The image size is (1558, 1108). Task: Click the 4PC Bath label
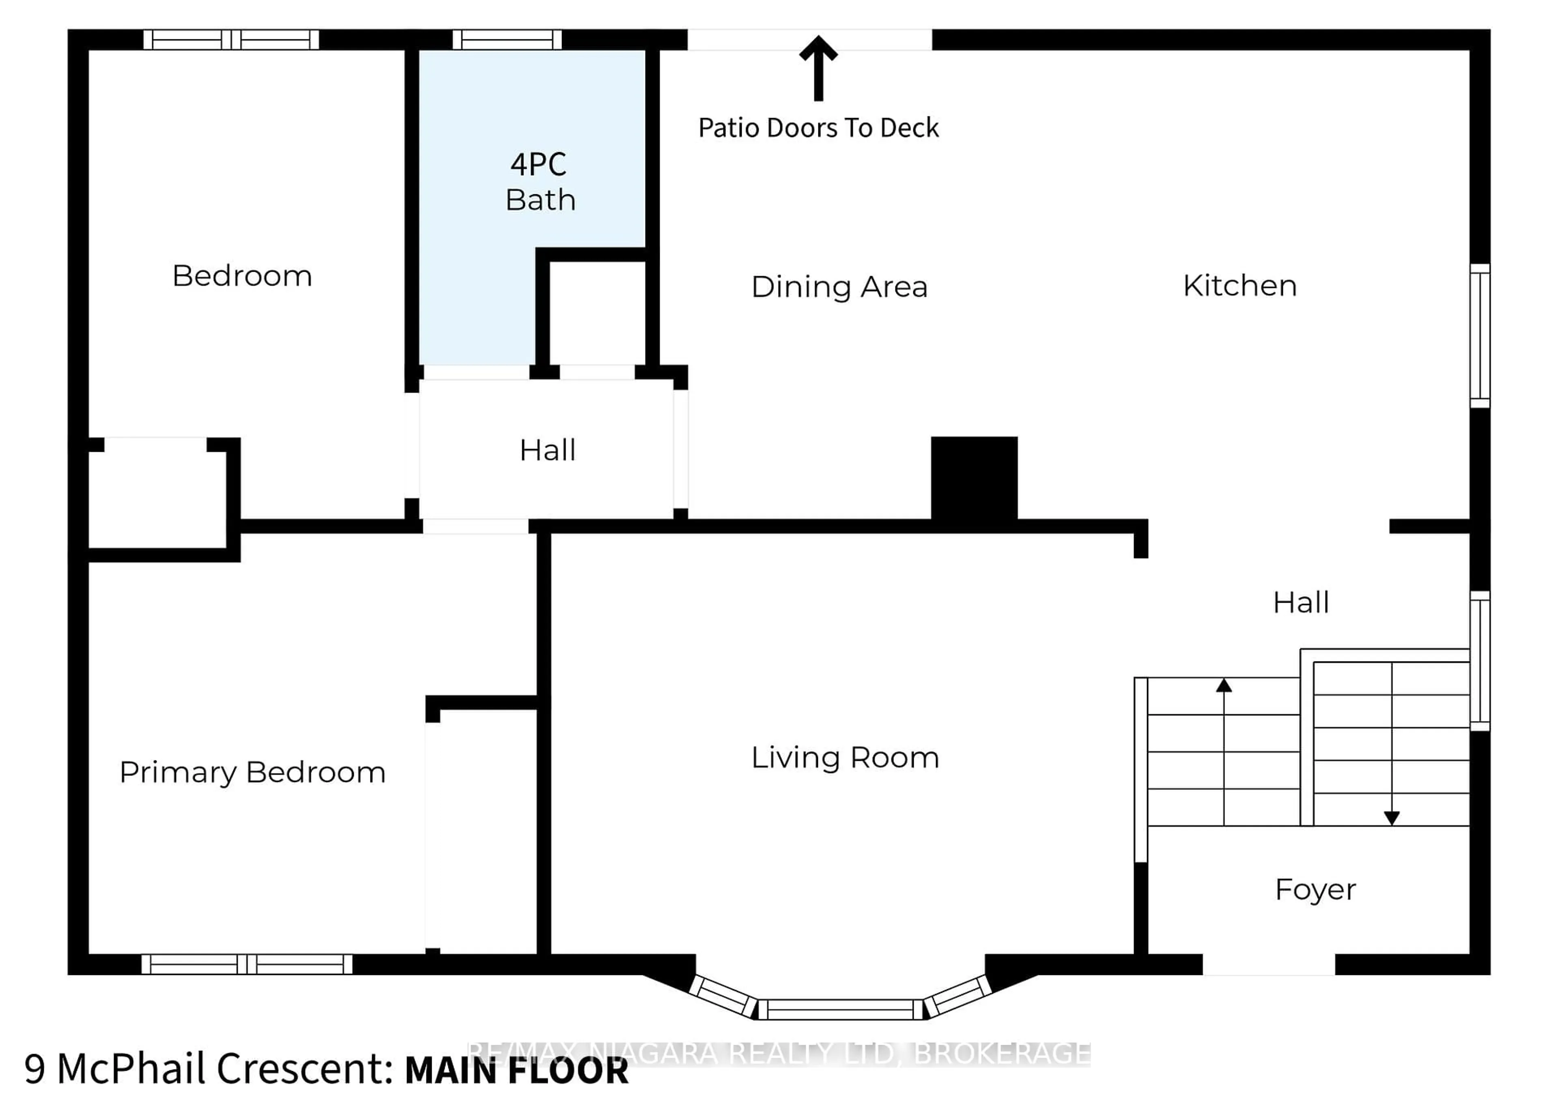(540, 181)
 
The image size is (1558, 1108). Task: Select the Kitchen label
(1240, 285)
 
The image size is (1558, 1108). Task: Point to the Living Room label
(845, 757)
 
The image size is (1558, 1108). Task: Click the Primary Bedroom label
(252, 772)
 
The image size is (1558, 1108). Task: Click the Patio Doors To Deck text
(818, 128)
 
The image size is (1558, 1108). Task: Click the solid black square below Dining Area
(974, 478)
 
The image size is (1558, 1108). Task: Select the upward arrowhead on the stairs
(1224, 685)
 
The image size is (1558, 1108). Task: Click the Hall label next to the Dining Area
(547, 450)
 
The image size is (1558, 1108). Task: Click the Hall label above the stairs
(1301, 602)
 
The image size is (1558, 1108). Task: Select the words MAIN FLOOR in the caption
(516, 1070)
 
